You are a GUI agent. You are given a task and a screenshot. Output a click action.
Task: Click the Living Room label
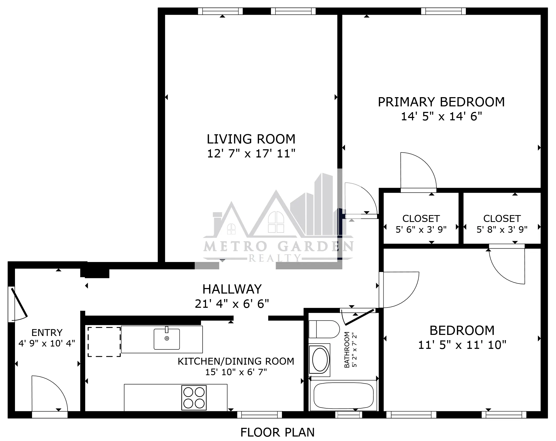click(251, 139)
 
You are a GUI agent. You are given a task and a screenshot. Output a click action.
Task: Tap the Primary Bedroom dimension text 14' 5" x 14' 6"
click(441, 117)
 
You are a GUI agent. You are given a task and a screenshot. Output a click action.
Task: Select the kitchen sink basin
click(167, 339)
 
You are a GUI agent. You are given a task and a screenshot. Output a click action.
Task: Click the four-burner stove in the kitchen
click(194, 398)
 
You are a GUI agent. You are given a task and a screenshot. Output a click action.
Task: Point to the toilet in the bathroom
click(324, 329)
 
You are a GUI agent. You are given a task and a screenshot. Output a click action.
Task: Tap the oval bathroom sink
click(320, 359)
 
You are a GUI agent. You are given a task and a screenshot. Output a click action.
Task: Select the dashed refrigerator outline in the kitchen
click(104, 342)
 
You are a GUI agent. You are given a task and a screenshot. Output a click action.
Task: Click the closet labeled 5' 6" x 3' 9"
click(421, 224)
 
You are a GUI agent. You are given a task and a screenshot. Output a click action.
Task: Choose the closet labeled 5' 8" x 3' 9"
click(502, 224)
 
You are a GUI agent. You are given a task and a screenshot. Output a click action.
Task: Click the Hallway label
click(232, 289)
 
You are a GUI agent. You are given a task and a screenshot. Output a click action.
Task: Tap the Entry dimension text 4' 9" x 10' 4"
click(47, 343)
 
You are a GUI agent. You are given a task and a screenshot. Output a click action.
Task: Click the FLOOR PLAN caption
click(277, 433)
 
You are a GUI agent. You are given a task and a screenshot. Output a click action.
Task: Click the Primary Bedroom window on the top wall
click(443, 11)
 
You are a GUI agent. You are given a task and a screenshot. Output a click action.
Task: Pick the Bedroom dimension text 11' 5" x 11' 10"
click(462, 345)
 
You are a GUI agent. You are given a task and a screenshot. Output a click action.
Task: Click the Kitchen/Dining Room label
click(236, 361)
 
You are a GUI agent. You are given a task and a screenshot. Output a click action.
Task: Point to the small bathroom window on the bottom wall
click(349, 415)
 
